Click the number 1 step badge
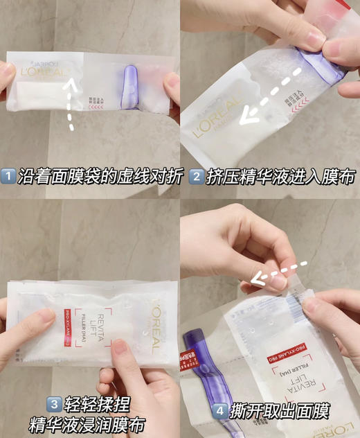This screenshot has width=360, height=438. click(x=10, y=177)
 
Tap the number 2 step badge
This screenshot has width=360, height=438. click(x=196, y=177)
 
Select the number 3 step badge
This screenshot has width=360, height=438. click(x=53, y=403)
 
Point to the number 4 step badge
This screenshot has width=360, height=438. click(x=219, y=411)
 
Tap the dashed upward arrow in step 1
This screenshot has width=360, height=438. click(x=69, y=104)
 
